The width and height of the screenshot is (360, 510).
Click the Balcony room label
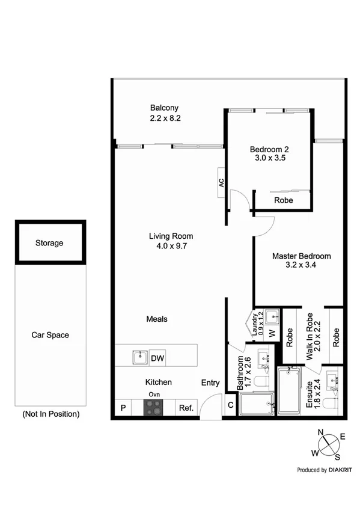(165, 108)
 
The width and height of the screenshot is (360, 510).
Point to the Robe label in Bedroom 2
(283, 200)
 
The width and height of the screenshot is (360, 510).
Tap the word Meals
(156, 319)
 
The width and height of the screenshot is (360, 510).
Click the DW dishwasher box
(157, 358)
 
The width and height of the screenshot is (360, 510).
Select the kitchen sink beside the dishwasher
(140, 358)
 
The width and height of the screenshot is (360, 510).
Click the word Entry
(210, 382)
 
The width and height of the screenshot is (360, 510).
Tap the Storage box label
(49, 243)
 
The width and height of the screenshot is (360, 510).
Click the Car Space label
(50, 335)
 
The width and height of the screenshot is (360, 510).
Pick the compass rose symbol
(328, 444)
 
